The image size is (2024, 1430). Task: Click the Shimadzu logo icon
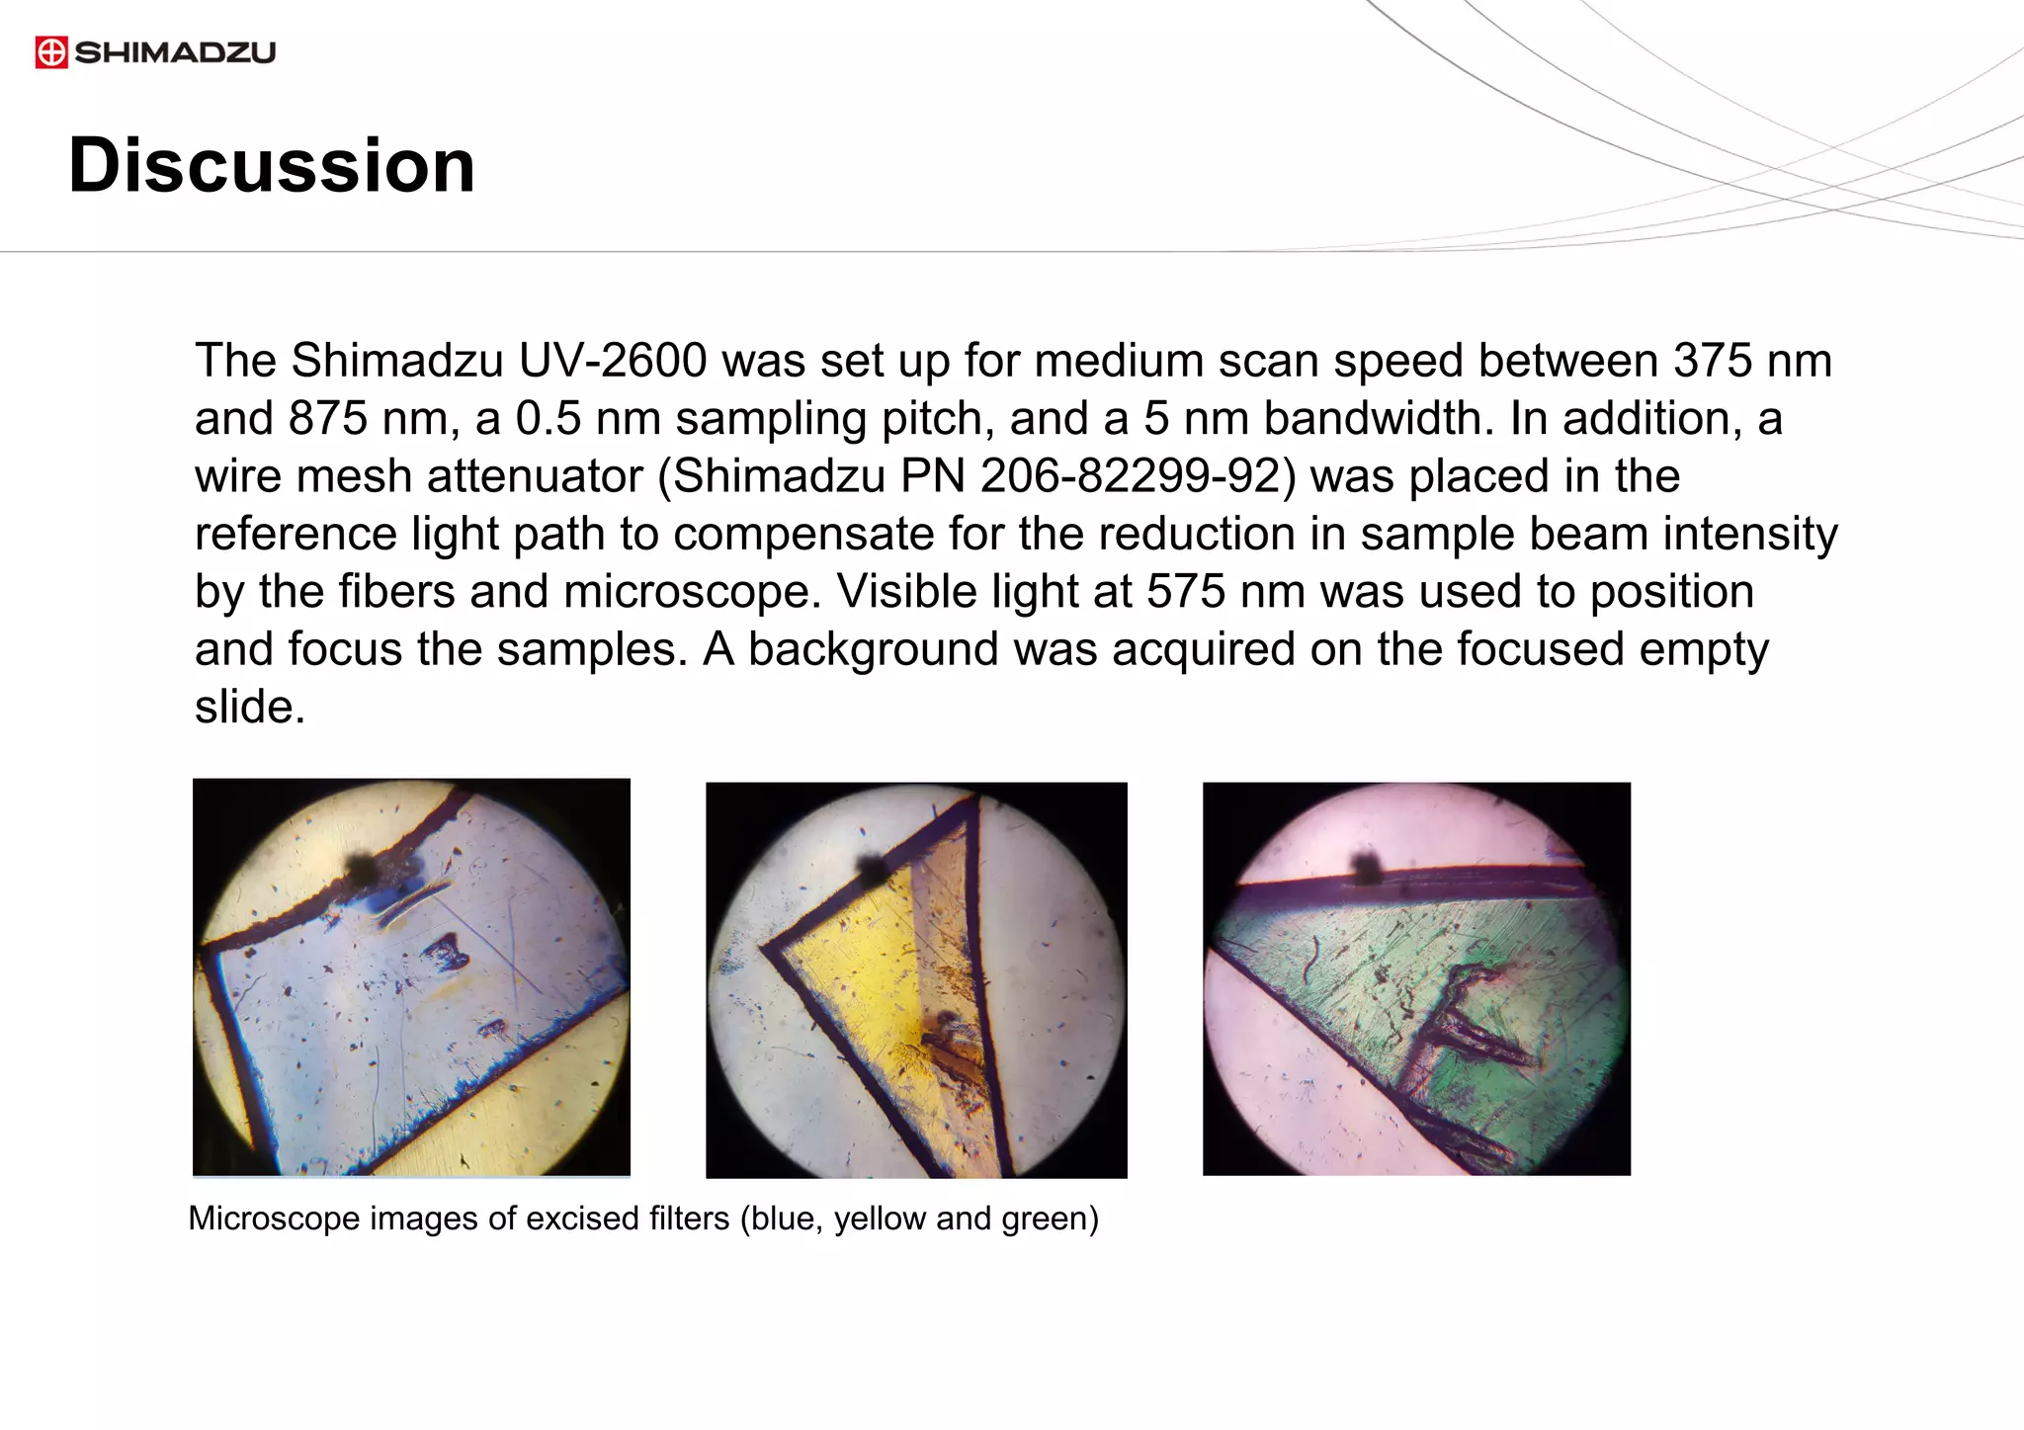tap(51, 52)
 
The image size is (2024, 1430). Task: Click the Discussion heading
tap(272, 165)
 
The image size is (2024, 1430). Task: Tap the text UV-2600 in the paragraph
tap(613, 361)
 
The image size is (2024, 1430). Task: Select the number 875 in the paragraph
tap(328, 419)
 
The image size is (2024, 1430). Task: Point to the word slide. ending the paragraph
tap(250, 708)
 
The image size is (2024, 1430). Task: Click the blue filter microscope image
tap(411, 977)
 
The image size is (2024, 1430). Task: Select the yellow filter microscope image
tap(916, 979)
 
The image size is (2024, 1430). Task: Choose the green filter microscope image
tap(1416, 978)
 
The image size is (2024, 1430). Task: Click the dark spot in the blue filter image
tap(361, 869)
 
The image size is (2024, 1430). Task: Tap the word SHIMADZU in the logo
tap(175, 52)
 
